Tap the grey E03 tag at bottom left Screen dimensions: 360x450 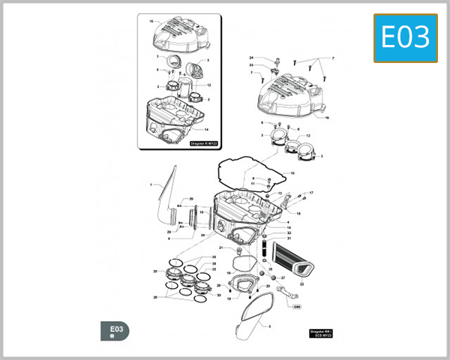(x=115, y=331)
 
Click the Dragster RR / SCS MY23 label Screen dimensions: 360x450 (x=320, y=332)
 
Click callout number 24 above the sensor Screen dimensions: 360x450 (x=252, y=58)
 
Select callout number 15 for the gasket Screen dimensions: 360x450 (x=292, y=173)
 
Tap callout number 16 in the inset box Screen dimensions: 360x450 (x=151, y=21)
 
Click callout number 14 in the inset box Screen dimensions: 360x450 (x=205, y=130)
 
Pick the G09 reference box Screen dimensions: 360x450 (x=296, y=306)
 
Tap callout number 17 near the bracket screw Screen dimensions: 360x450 (x=311, y=193)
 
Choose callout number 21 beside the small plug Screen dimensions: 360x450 (x=221, y=247)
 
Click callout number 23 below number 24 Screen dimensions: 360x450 (x=252, y=66)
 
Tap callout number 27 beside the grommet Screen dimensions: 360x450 (x=283, y=277)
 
